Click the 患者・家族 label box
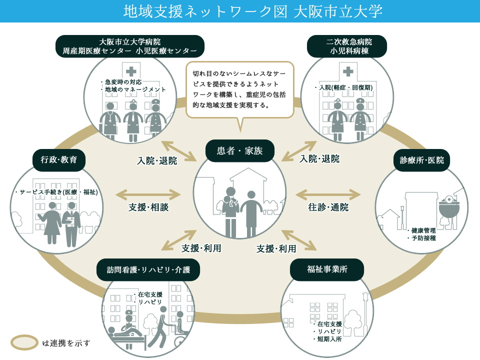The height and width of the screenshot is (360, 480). pos(239,150)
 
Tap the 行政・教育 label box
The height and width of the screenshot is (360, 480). pos(59,160)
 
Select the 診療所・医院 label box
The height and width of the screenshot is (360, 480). pos(421,160)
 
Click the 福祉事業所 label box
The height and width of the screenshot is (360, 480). pos(327,269)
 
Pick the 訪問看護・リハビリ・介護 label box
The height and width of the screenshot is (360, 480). pos(148,269)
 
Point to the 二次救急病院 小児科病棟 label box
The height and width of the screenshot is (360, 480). pos(347,46)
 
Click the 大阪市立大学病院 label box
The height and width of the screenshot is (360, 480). pos(130,46)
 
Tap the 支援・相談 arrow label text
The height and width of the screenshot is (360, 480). pos(148,207)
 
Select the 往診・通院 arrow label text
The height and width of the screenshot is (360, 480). pos(328,207)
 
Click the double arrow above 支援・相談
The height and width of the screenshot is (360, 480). pos(148,194)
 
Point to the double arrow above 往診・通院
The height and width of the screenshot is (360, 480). pos(328,194)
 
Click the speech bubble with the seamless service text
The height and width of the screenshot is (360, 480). pos(239,90)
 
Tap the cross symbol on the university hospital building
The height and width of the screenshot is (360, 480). pos(131,71)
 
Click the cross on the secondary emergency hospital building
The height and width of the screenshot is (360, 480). pos(348,71)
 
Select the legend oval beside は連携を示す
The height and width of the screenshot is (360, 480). pos(24,342)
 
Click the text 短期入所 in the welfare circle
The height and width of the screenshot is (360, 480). pos(329,339)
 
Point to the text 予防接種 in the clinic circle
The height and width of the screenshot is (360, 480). pos(423,238)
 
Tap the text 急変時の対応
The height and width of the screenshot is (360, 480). pos(123,81)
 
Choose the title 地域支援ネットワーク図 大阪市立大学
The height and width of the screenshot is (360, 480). pos(253,11)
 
